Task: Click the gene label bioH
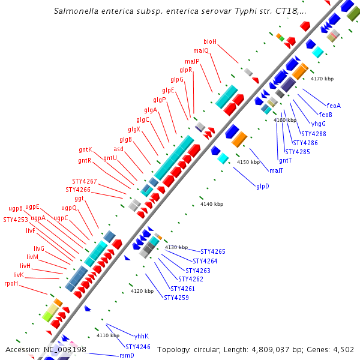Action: point(210,41)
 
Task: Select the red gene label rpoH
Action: point(11,283)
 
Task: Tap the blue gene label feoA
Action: point(334,106)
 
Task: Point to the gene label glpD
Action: point(263,186)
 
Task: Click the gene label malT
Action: point(277,170)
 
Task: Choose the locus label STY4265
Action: point(213,251)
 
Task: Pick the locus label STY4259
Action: point(176,298)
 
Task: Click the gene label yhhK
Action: point(142,336)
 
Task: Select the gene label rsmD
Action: point(127,355)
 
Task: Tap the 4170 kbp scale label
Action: point(322,79)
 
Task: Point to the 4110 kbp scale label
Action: point(109,335)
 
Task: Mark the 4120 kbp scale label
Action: point(142,291)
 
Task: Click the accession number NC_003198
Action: point(65,349)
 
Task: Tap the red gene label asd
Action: point(119,149)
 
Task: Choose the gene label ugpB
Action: point(16,208)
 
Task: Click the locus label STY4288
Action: point(314,134)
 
